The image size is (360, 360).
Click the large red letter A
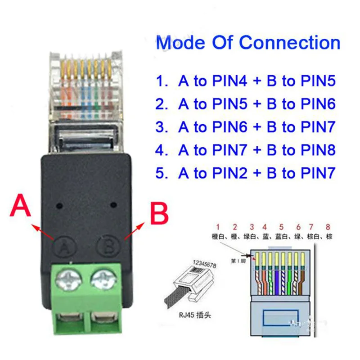tap(22, 207)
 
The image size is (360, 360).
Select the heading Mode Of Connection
tap(248, 43)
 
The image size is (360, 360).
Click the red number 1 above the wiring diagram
tap(218, 226)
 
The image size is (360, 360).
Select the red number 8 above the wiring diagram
tap(328, 226)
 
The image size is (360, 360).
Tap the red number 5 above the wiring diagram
tap(281, 226)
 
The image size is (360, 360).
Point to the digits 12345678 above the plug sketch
tap(205, 261)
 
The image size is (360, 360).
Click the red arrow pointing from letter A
tap(43, 230)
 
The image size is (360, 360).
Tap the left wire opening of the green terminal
tap(66, 320)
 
